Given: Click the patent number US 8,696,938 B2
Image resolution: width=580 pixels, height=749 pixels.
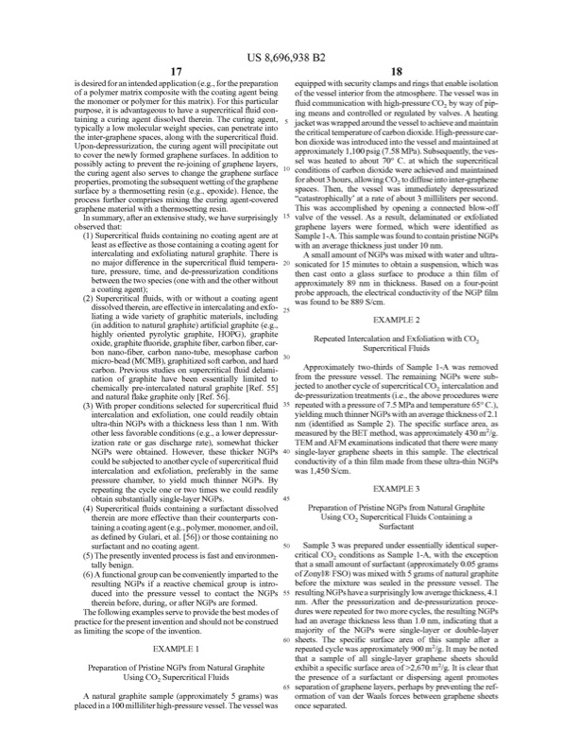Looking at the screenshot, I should (290, 40).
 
